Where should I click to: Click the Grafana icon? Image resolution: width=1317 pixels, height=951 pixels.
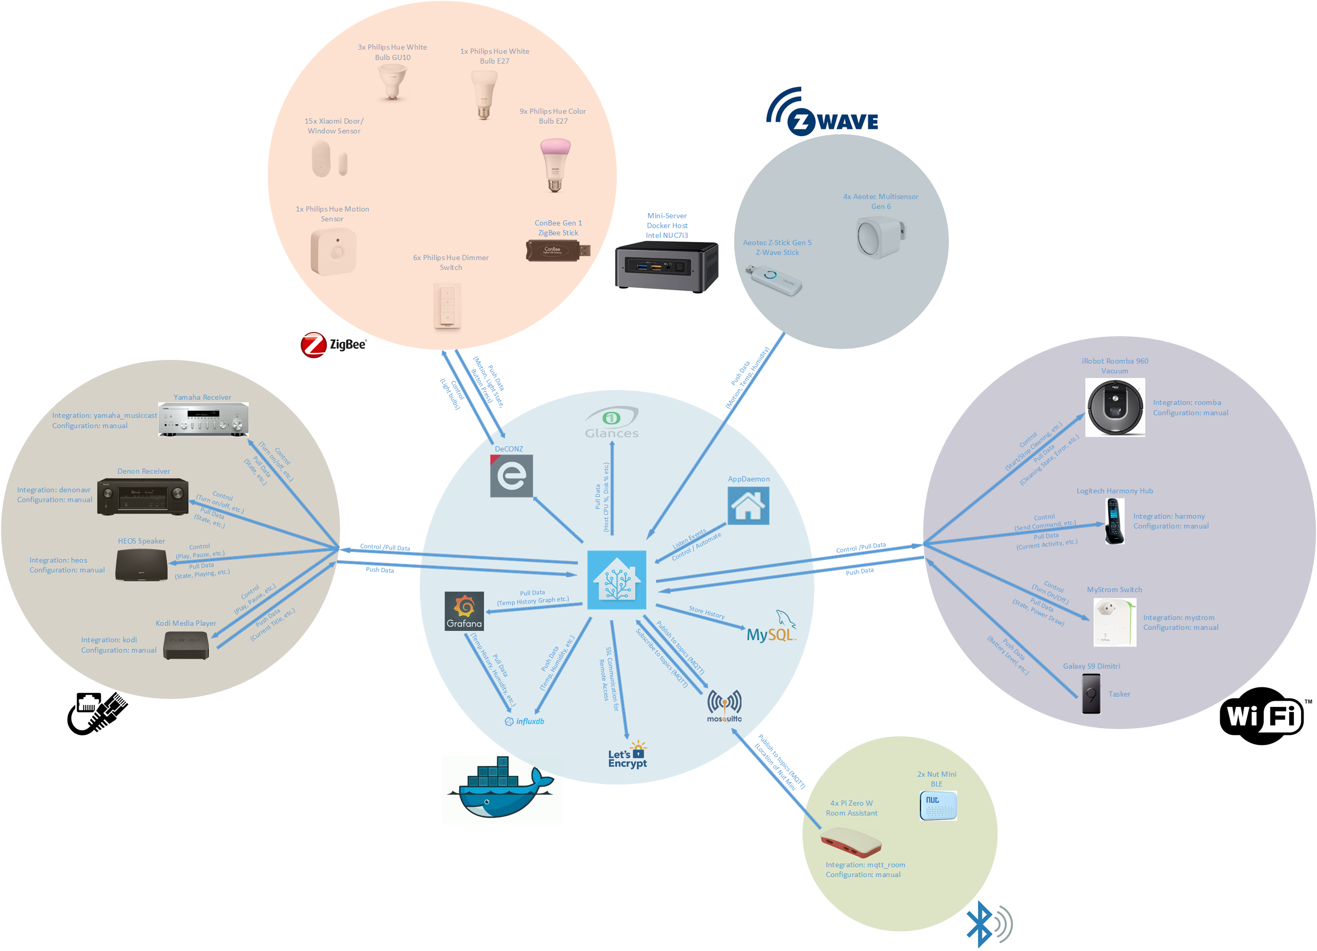coord(464,611)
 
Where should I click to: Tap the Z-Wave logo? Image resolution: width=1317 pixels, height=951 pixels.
coord(823,113)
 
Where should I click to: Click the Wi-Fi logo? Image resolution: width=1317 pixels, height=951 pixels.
coord(1262,716)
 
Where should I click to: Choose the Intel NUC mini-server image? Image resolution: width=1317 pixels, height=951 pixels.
coord(667,266)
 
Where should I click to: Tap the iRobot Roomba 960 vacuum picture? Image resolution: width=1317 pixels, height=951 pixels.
coord(1115,407)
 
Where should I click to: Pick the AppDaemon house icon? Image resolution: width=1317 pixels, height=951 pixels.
coord(748,506)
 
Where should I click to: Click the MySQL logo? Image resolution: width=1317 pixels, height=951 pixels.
coord(771,628)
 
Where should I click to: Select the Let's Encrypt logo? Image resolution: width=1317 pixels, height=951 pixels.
coord(628,756)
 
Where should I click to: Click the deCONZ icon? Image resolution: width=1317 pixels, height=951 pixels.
coord(511,476)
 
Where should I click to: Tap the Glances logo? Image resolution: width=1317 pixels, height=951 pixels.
coord(612,422)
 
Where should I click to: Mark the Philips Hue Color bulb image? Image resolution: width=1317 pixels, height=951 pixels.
coord(555,165)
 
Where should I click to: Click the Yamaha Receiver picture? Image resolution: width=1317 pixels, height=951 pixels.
coord(203,419)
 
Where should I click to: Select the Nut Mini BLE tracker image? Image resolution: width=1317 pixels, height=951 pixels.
coord(938,805)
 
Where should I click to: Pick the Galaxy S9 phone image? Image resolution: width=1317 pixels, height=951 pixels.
coord(1091,694)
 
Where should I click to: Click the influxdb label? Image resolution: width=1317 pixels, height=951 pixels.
coord(525,722)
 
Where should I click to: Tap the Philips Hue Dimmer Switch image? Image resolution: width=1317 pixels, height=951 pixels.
coord(447,306)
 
